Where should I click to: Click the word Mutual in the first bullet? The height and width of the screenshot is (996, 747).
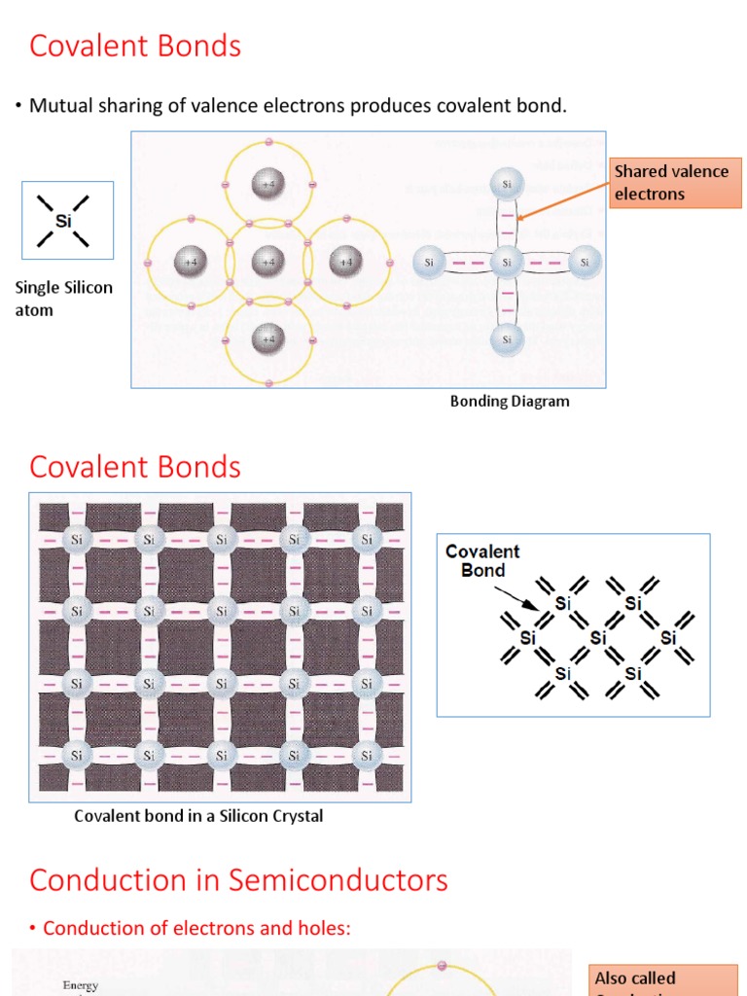[x=60, y=105]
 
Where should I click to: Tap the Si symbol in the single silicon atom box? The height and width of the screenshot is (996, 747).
[x=64, y=221]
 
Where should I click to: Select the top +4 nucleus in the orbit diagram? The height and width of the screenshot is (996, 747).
[x=267, y=182]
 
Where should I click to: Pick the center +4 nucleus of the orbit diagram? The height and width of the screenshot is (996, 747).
[x=267, y=261]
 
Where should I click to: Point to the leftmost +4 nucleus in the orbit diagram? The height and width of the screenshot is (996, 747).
[x=190, y=261]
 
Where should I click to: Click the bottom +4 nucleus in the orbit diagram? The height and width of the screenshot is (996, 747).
[x=267, y=338]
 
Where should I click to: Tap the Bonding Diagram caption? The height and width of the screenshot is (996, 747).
[x=510, y=401]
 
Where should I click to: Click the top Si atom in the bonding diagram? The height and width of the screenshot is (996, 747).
[x=507, y=183]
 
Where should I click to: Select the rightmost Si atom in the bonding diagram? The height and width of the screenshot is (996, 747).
[x=584, y=262]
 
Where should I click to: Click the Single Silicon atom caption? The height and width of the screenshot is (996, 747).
[x=64, y=299]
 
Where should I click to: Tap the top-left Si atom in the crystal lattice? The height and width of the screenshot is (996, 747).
[x=77, y=539]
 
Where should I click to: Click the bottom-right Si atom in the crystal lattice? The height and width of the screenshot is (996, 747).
[x=367, y=755]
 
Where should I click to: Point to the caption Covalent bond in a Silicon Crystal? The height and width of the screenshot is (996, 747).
[x=198, y=816]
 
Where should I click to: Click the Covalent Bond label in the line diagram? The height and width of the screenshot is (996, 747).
[x=482, y=560]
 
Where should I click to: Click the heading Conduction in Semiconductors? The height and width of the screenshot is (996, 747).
[x=238, y=879]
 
